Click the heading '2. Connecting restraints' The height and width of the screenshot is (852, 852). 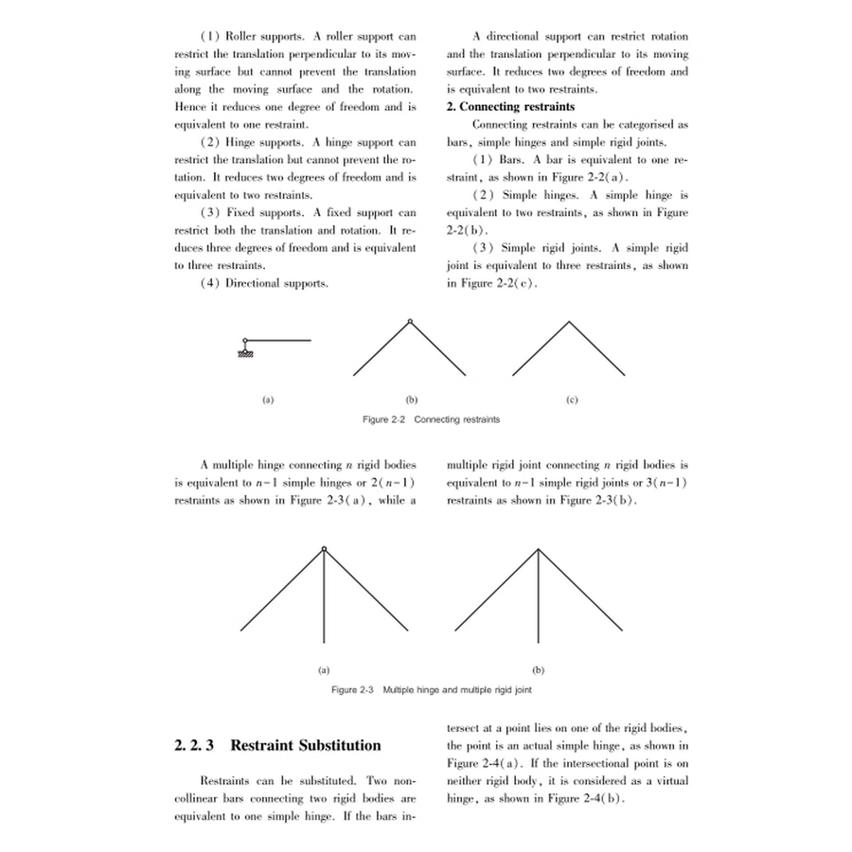coord(510,107)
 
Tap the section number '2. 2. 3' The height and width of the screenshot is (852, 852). coord(196,745)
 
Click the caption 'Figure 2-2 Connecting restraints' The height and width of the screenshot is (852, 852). coord(431,418)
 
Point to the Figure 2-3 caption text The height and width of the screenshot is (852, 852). coord(431,690)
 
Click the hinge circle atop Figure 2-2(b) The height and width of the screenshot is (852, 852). coord(409,322)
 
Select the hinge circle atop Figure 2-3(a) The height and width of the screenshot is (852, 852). coord(324,549)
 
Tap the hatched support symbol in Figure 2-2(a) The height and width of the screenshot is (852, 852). coord(245,352)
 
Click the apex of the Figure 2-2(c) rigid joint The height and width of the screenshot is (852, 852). coord(569,323)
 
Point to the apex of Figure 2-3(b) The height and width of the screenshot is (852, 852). coord(539,550)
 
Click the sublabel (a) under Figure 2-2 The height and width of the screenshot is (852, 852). coord(268,400)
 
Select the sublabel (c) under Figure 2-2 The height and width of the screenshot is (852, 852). coord(571,400)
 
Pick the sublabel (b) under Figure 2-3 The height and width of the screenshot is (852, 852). coord(539,670)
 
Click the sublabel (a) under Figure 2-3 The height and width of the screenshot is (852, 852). coord(324,670)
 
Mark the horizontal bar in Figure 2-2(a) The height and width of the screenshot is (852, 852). coord(280,340)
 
